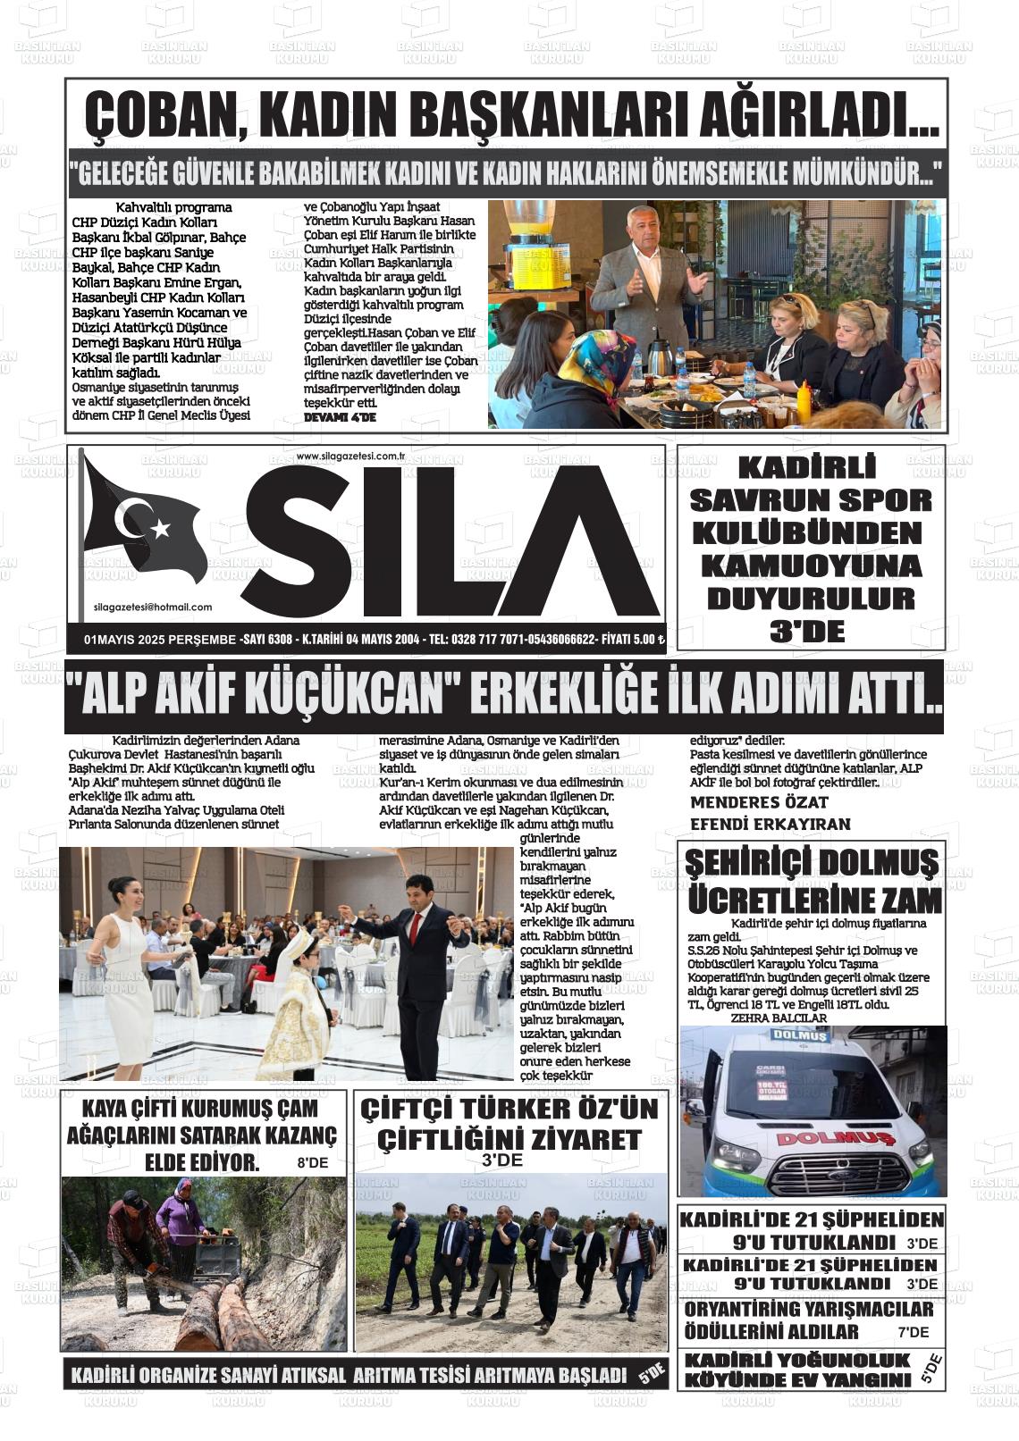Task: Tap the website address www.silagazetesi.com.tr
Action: (350, 457)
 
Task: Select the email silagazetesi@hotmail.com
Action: (153, 607)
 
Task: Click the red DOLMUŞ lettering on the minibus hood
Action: (821, 1138)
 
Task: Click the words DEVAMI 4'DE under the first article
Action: (340, 417)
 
